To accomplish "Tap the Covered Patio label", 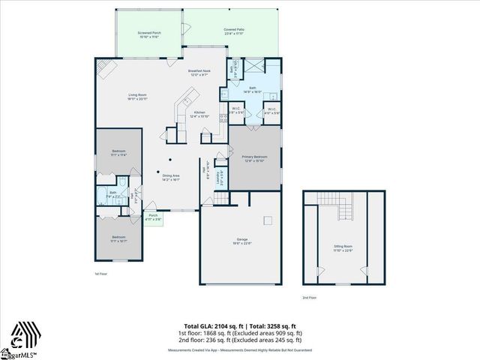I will tap(234, 31).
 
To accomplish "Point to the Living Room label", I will tap(136, 97).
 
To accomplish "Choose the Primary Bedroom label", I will tap(255, 159).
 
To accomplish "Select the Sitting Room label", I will tap(343, 248).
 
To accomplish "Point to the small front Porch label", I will tap(153, 217).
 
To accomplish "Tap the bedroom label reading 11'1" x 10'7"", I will tap(118, 240).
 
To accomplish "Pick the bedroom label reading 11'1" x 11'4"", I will tap(118, 153).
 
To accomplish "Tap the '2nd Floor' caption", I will tap(309, 298).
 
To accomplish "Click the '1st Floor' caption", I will tap(102, 274).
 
